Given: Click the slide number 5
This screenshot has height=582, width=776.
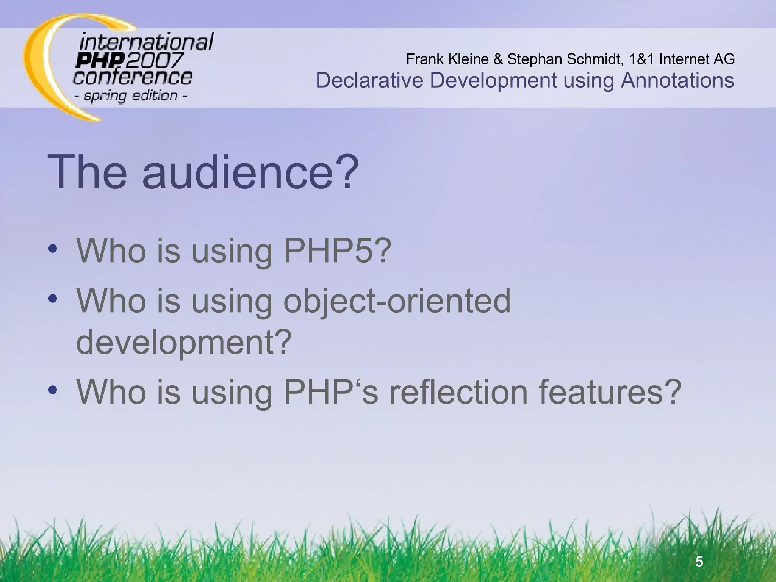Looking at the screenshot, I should (x=699, y=561).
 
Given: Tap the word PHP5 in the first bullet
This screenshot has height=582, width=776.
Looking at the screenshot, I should (x=337, y=251).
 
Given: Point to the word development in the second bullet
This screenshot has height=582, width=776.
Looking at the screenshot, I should (x=184, y=342).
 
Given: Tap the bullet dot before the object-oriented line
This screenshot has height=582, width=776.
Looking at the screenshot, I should (x=53, y=299).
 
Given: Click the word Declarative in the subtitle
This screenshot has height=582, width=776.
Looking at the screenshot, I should (x=369, y=80).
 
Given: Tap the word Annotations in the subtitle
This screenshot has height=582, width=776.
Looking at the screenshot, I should (x=677, y=80).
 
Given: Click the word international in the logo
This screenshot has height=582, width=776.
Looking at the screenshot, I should (x=146, y=42).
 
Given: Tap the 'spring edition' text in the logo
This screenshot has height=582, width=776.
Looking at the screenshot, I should (x=131, y=95).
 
